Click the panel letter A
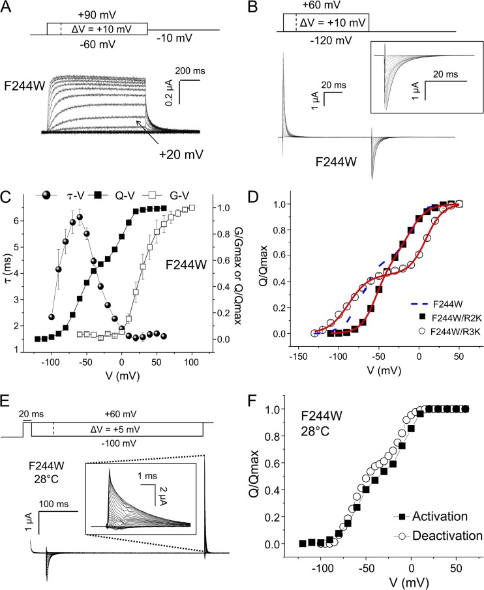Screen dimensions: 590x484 click(x=10, y=8)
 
